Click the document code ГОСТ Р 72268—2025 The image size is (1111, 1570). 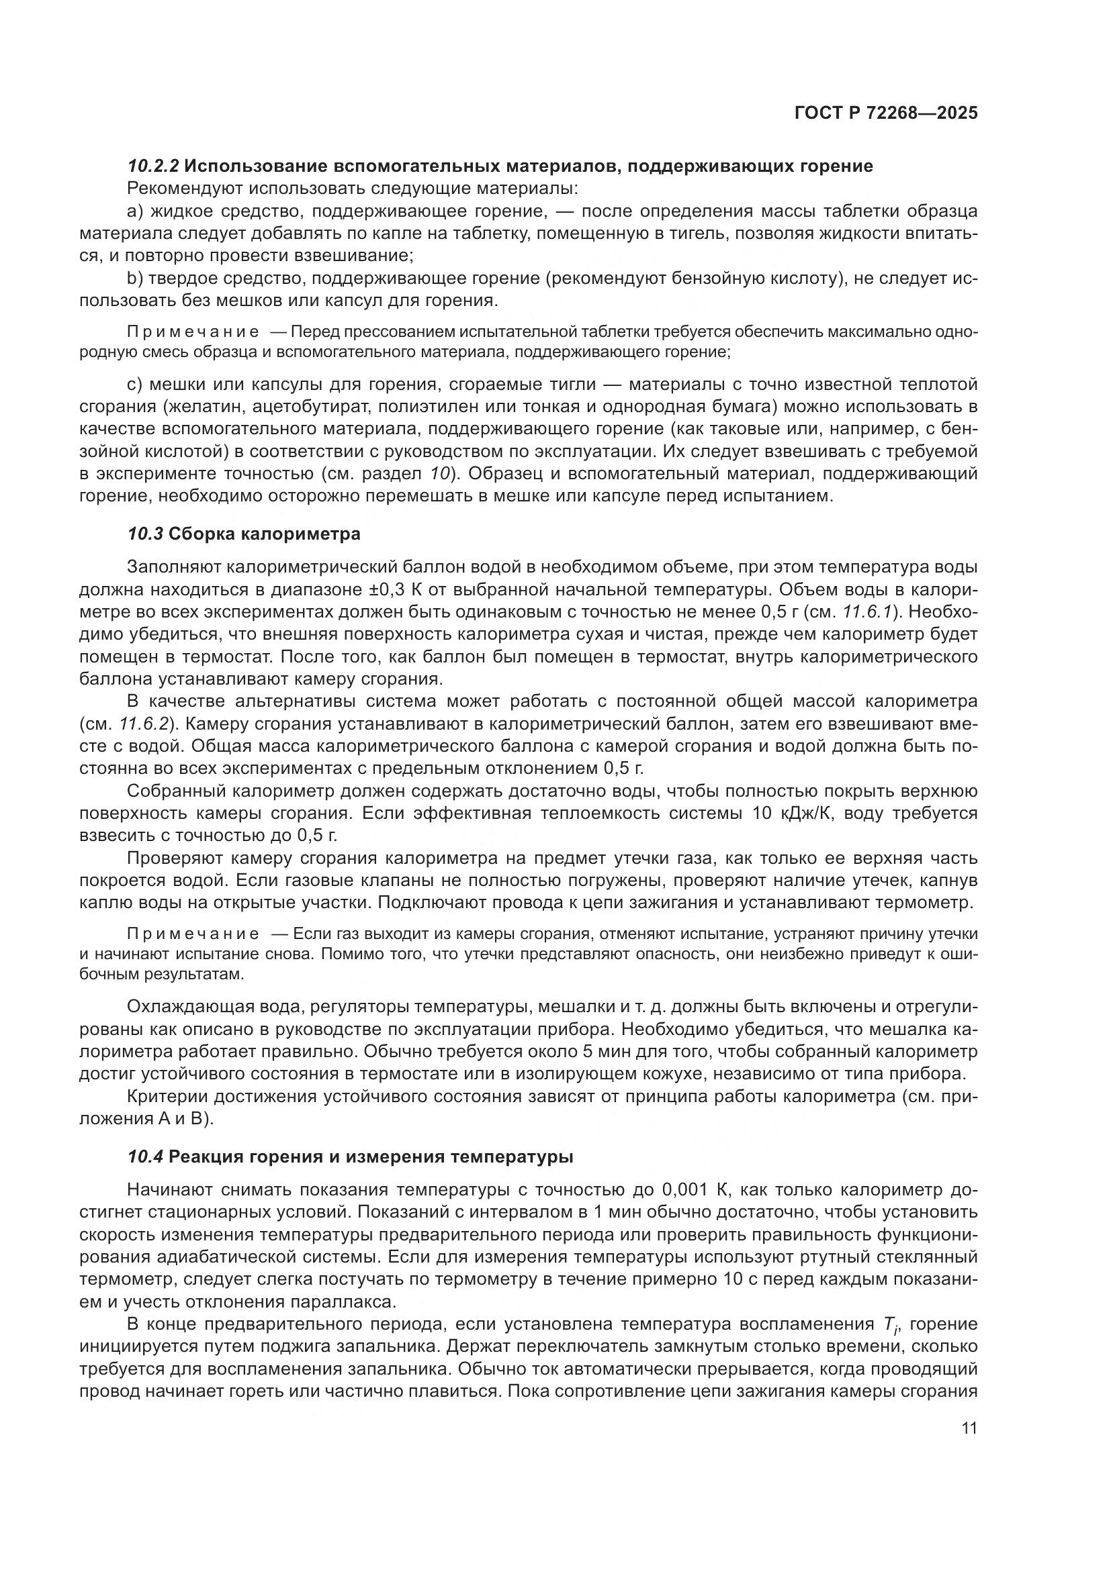(x=886, y=113)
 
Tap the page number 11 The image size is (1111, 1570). (x=969, y=1428)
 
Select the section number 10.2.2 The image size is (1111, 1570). (x=153, y=166)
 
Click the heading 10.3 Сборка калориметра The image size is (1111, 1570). (x=244, y=534)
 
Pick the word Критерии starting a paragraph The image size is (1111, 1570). (x=167, y=1097)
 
